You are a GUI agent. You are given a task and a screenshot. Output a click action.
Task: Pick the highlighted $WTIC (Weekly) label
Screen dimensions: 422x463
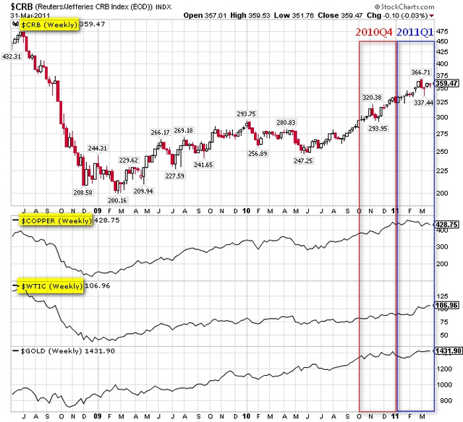click(x=48, y=286)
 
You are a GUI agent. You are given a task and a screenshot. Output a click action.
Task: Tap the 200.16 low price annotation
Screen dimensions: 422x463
click(x=117, y=199)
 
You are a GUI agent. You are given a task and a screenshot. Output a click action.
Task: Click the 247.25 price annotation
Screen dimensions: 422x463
click(x=303, y=160)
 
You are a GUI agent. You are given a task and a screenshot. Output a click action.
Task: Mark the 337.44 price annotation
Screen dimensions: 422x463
click(x=424, y=103)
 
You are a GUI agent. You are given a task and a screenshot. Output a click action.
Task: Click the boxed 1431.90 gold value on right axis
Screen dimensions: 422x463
click(x=447, y=350)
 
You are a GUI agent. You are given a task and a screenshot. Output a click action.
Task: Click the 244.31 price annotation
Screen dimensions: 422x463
click(x=98, y=148)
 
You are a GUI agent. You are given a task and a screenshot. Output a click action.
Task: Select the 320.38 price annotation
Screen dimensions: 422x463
click(x=372, y=97)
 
